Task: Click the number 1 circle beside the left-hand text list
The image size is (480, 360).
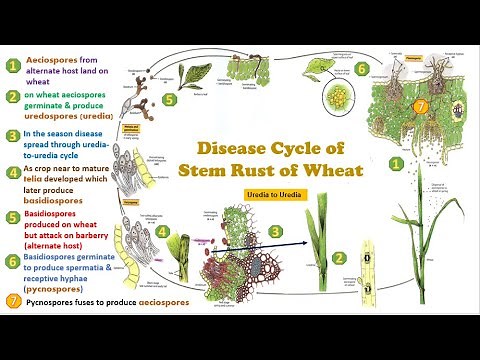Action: pyautogui.click(x=12, y=67)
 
